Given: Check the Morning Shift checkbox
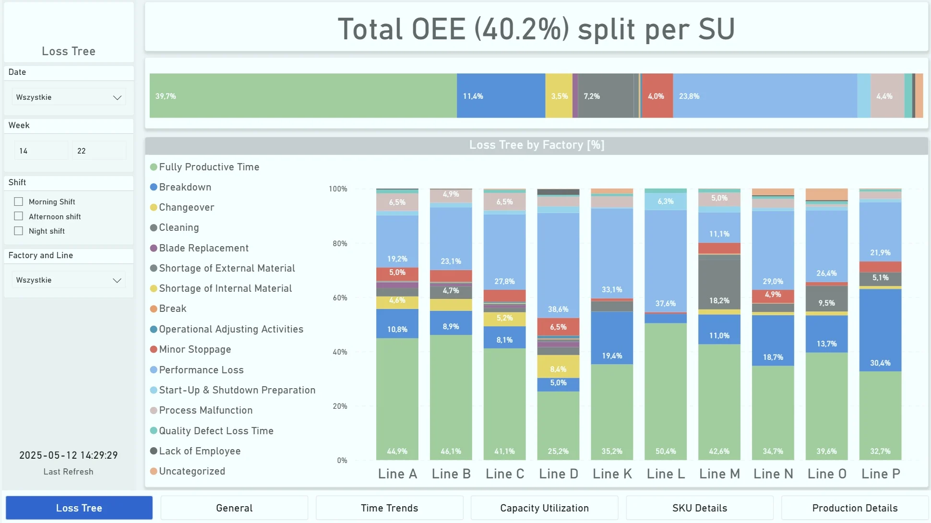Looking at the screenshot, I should tap(19, 202).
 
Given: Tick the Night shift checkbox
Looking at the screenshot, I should tap(19, 231).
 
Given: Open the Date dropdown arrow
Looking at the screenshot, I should tap(117, 97).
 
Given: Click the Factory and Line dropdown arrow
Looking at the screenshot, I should tap(117, 280).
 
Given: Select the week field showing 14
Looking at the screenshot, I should tap(41, 151).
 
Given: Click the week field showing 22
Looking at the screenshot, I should tap(99, 151).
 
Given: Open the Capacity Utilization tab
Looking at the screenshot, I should tap(544, 508).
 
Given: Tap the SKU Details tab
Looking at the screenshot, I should tap(699, 508).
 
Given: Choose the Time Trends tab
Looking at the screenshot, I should tap(389, 508).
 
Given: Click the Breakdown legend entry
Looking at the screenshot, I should tap(185, 187).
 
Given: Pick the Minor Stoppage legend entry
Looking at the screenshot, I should tap(194, 349).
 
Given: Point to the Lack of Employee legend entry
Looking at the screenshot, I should tap(199, 451).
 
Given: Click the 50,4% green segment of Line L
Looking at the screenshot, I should tap(666, 391).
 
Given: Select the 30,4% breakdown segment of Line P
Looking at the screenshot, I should tap(880, 330).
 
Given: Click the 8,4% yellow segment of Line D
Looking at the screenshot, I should tap(558, 367).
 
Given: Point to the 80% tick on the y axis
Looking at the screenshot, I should tap(340, 244).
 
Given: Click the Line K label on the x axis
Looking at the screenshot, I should tap(612, 474).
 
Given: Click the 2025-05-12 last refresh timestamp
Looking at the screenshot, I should tap(69, 455).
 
